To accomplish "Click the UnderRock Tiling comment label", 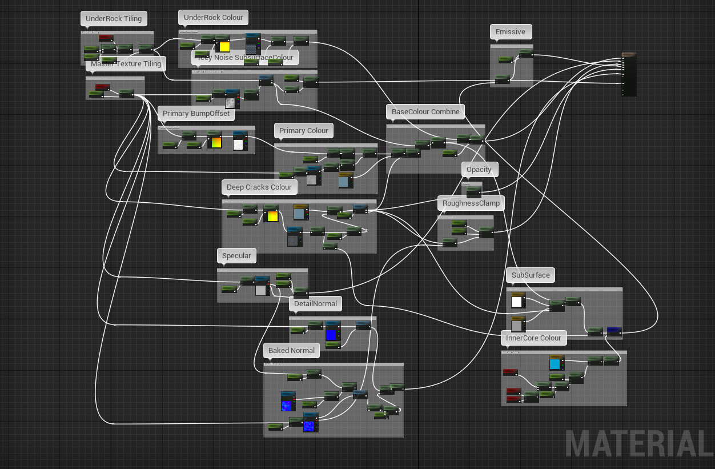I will (x=114, y=19).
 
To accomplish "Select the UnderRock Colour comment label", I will (x=213, y=18).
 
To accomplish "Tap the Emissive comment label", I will (x=510, y=32).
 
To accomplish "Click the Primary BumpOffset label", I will (x=196, y=114).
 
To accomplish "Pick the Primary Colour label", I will (x=303, y=131).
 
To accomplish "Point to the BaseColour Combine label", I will (x=425, y=112).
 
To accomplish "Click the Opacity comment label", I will (x=479, y=170).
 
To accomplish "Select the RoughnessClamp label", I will (x=471, y=203).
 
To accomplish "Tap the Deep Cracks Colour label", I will (x=259, y=187).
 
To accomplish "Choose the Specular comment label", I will (x=236, y=256).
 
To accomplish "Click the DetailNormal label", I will (x=316, y=304).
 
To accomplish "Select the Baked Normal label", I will (x=291, y=351).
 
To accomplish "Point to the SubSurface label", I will (x=531, y=275).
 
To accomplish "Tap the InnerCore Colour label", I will (x=533, y=338).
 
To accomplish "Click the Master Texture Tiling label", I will (x=126, y=64).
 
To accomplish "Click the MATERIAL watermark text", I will (x=638, y=444).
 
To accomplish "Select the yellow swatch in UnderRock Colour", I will (x=224, y=47).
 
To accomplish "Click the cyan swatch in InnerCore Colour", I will (x=555, y=364).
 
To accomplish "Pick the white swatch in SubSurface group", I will (x=517, y=302).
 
